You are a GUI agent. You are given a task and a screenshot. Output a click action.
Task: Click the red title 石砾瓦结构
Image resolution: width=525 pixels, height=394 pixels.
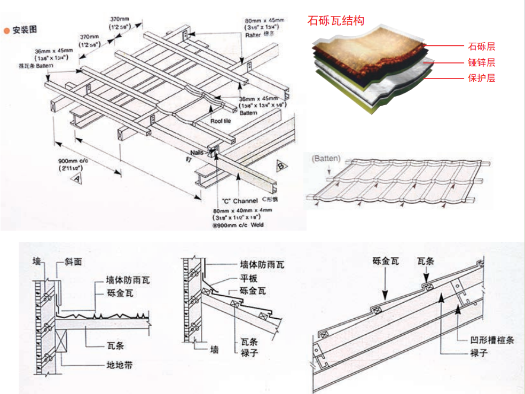pos(336,22)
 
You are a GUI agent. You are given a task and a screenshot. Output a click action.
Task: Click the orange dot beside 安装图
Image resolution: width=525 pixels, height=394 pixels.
pos(7,30)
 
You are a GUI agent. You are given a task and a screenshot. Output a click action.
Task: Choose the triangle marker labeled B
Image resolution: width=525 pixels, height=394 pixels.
pos(280,167)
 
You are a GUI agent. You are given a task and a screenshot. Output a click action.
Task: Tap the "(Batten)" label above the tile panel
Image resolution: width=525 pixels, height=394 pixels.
pos(326,159)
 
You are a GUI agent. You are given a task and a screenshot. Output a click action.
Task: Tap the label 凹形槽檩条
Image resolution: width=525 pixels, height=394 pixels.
pos(488,340)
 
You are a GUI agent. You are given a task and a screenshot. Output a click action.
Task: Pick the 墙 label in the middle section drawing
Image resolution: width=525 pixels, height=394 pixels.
pos(214,350)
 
